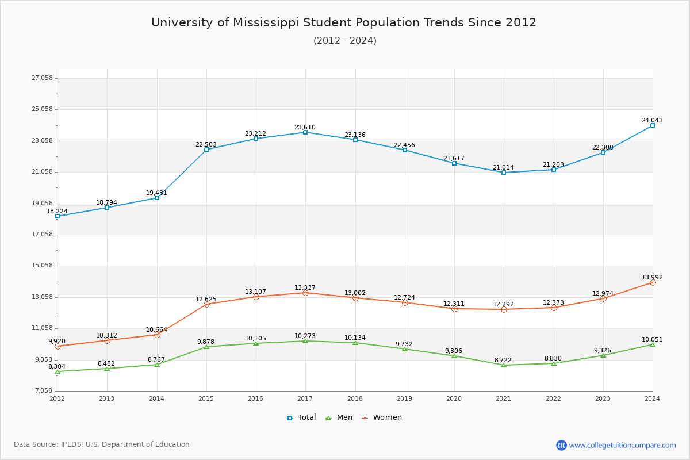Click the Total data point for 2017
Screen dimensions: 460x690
click(x=305, y=132)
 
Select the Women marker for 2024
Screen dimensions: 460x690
click(x=653, y=282)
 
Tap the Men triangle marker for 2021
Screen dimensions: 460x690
click(x=504, y=365)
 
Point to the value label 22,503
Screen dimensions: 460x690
click(x=206, y=145)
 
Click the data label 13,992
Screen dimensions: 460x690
click(x=652, y=277)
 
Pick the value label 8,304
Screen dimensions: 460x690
click(x=57, y=366)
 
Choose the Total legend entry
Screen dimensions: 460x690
click(x=301, y=417)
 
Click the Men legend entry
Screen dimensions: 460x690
click(x=340, y=417)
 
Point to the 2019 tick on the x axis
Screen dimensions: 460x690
click(x=405, y=398)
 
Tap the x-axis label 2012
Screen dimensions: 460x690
click(x=57, y=398)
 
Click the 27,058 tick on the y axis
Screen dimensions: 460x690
click(x=42, y=78)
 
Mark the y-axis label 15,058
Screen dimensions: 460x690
click(x=42, y=266)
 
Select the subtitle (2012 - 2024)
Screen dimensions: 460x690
click(x=345, y=40)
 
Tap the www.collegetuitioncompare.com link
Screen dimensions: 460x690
click(x=622, y=445)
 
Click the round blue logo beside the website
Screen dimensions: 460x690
click(x=561, y=445)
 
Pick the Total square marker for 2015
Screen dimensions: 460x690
click(x=206, y=149)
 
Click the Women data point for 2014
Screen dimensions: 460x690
click(x=157, y=335)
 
